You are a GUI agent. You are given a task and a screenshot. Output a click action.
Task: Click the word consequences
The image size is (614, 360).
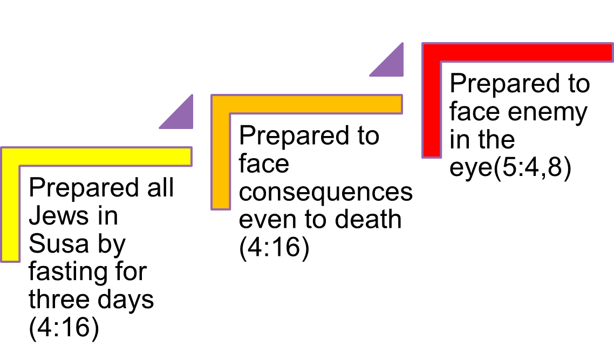pyautogui.click(x=326, y=193)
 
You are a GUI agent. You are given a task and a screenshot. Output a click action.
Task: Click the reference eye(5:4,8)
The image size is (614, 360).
pyautogui.click(x=510, y=169)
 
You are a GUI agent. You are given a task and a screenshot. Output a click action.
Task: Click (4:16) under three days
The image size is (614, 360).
pyautogui.click(x=64, y=329)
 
